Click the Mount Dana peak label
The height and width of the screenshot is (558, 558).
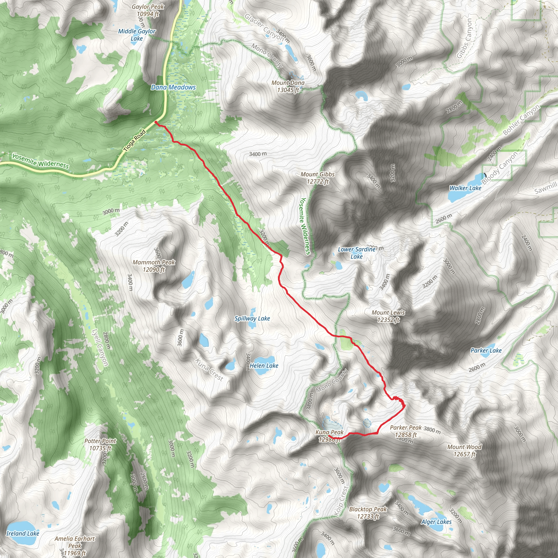point(288,86)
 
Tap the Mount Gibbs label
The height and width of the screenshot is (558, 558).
point(317,178)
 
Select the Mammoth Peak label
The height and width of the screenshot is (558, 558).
point(154,266)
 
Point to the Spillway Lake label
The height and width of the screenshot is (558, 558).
point(252,318)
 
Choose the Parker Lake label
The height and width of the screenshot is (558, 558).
point(486,350)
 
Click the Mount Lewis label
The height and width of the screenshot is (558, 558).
point(388,316)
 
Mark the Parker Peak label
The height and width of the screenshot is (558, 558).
point(406,431)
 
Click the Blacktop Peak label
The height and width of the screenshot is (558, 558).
point(368,513)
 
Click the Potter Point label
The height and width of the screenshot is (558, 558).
point(100,444)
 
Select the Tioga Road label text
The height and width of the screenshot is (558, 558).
point(135,141)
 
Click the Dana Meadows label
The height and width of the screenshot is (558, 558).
point(173,87)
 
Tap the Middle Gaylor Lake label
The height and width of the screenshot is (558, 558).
point(137,35)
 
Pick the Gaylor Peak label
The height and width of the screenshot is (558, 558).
point(148,10)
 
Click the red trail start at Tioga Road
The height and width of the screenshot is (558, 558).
point(156,122)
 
